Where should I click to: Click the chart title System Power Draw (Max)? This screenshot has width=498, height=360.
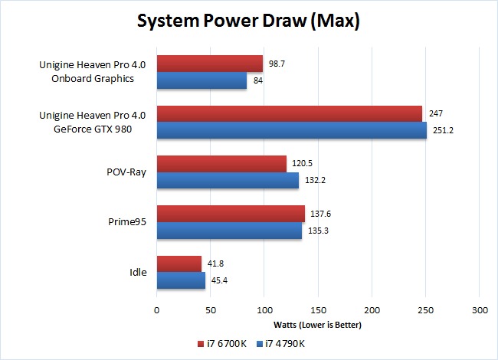click(x=248, y=21)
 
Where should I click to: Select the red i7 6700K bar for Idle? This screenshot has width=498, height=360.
click(x=179, y=263)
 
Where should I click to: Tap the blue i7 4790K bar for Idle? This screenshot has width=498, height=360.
click(x=181, y=280)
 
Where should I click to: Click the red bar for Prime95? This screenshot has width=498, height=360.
click(x=231, y=214)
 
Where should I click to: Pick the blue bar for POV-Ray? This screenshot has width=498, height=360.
click(x=228, y=181)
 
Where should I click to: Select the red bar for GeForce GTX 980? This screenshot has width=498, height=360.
click(x=290, y=113)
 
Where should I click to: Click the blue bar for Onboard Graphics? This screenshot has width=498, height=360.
click(x=201, y=80)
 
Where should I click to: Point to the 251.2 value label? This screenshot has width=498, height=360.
click(x=445, y=130)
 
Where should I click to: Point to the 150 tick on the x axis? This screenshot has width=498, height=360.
click(x=317, y=310)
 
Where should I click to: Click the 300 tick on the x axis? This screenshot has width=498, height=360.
click(x=478, y=310)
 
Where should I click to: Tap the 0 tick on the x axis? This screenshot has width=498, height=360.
click(x=156, y=310)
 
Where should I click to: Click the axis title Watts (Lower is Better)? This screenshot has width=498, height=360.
click(x=317, y=325)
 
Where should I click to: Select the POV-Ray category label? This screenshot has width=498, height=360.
click(x=129, y=172)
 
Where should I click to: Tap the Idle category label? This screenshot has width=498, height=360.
click(x=139, y=272)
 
